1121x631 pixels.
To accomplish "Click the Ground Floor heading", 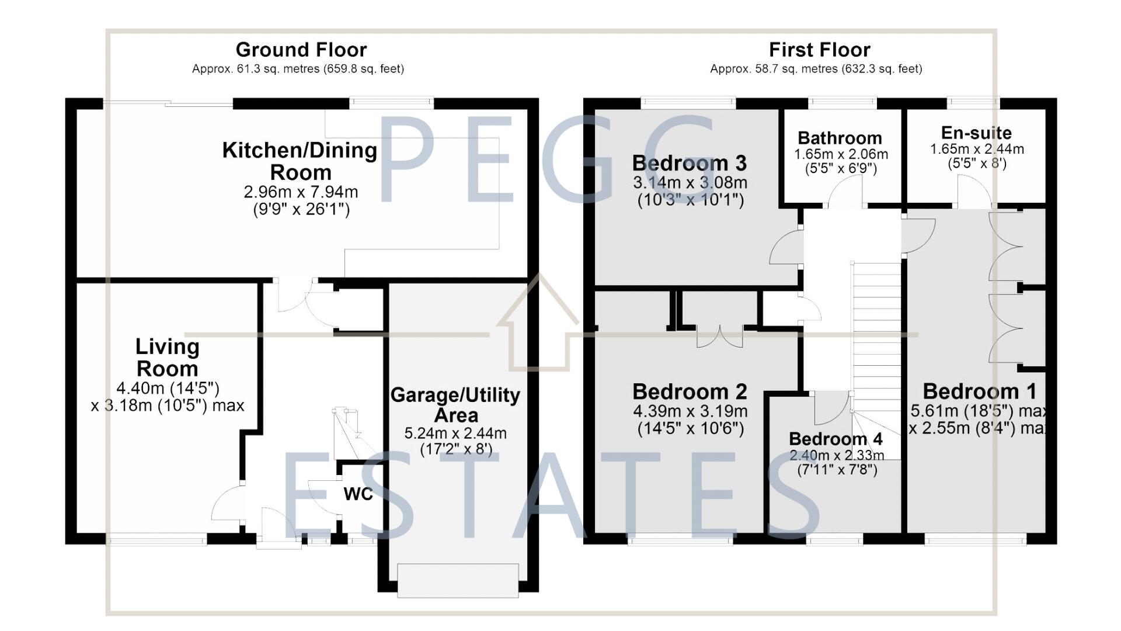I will (301, 50).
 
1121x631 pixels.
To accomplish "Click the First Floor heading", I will (819, 50).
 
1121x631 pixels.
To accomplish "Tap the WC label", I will (358, 494).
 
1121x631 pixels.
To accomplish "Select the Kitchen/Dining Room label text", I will (300, 161).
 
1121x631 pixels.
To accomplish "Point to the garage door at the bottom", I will (458, 580).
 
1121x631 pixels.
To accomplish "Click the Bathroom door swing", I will (845, 193).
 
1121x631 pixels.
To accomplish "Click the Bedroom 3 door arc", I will (785, 249).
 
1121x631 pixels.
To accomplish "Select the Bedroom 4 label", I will (835, 439).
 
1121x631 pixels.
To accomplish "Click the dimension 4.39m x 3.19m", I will (690, 411).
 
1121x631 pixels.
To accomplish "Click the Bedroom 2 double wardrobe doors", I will (719, 336).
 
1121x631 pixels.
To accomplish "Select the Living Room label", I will (167, 358).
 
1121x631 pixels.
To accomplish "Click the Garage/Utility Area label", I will (455, 405).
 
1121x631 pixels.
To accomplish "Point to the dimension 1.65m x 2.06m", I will (841, 155).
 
